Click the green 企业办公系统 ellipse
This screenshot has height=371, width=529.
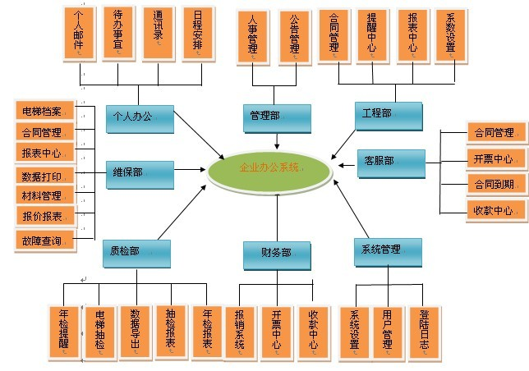pyautogui.click(x=269, y=168)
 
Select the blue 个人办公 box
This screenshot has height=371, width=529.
pyautogui.click(x=140, y=118)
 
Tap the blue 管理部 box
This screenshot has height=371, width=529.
pyautogui.click(x=277, y=117)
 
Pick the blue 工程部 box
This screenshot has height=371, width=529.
pyautogui.click(x=388, y=116)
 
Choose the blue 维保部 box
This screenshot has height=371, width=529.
pyautogui.click(x=140, y=173)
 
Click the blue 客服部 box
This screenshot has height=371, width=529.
pyautogui.click(x=391, y=161)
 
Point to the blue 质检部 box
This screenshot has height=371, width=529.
pyautogui.click(x=138, y=253)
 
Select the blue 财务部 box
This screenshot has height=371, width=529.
pyautogui.click(x=277, y=254)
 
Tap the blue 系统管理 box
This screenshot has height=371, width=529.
pyautogui.click(x=387, y=250)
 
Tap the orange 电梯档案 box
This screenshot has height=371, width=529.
pyautogui.click(x=46, y=111)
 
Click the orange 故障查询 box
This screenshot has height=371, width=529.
pyautogui.click(x=44, y=240)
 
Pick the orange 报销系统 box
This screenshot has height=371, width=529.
pyautogui.click(x=241, y=332)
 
